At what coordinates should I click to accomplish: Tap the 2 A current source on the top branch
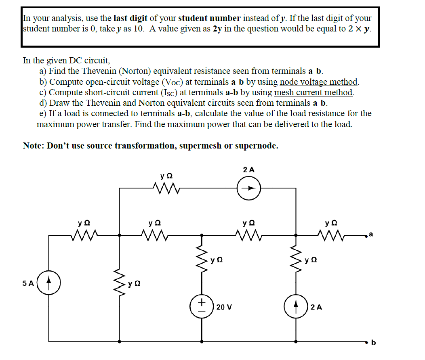pyautogui.click(x=249, y=188)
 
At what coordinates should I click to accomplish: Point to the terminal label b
pyautogui.click(x=373, y=343)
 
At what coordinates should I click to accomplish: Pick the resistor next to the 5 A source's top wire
pyautogui.click(x=84, y=234)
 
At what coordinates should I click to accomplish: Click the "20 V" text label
pyautogui.click(x=224, y=307)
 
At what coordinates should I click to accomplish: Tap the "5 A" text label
pyautogui.click(x=28, y=283)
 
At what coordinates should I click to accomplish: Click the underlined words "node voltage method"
pyautogui.click(x=319, y=82)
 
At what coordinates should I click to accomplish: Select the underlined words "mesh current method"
pyautogui.click(x=313, y=92)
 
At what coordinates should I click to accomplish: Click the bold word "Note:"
pyautogui.click(x=34, y=146)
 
